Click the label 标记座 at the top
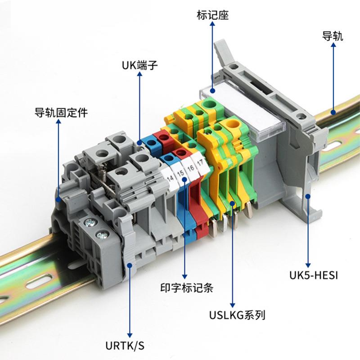(x=213, y=16)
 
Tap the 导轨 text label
(x=333, y=36)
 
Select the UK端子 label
(x=140, y=66)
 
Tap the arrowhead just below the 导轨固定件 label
(x=58, y=123)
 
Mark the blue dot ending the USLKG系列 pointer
(x=233, y=204)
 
